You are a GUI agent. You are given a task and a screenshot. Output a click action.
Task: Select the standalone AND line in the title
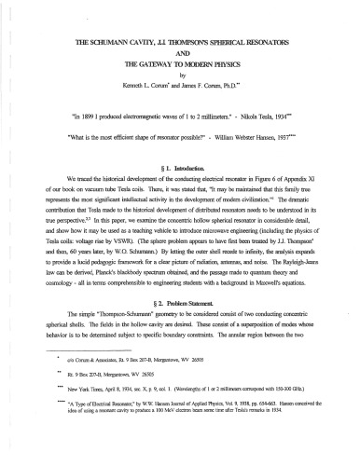pyautogui.click(x=181, y=56)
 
